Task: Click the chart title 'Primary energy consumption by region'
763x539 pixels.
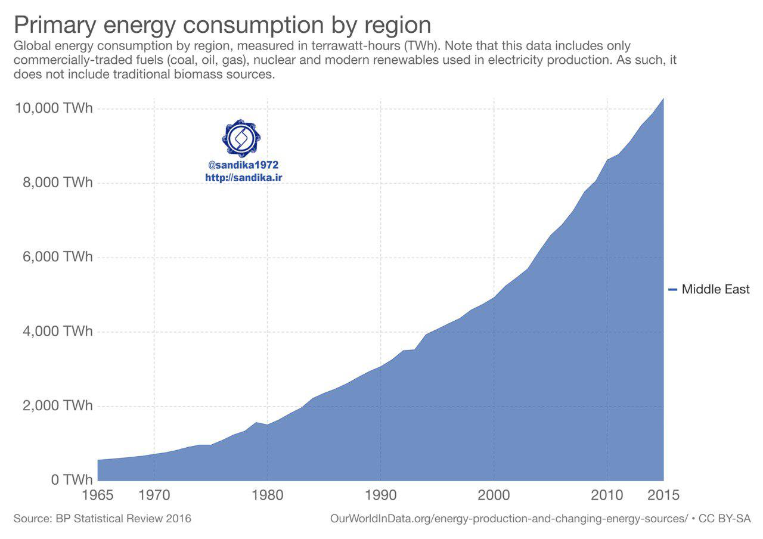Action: (222, 25)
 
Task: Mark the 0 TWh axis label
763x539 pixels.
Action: (70, 480)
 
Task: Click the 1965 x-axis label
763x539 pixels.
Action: (97, 495)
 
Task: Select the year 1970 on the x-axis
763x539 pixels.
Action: (154, 495)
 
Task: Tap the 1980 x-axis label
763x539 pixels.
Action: (267, 495)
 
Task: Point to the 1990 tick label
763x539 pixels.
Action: (380, 495)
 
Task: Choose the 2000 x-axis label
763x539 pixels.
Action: (494, 495)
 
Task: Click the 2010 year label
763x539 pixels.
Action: (607, 495)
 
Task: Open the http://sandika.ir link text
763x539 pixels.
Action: (243, 178)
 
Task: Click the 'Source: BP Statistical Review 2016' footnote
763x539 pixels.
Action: (103, 519)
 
